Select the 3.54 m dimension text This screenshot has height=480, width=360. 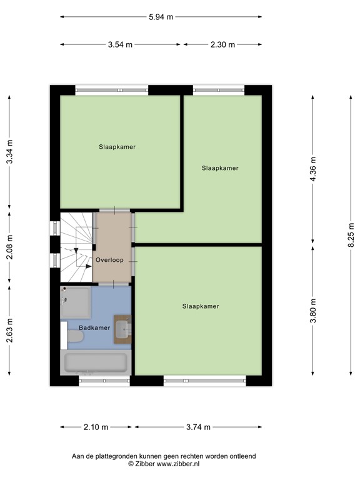[x=120, y=44]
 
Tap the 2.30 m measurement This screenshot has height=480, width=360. [x=222, y=44]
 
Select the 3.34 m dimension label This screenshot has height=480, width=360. [x=9, y=151]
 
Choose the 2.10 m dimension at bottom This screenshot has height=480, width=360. [x=96, y=427]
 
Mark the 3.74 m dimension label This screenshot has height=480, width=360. [x=197, y=427]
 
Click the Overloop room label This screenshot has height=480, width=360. [x=110, y=259]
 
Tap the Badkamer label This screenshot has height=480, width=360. [x=94, y=327]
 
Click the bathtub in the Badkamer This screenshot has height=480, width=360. [x=96, y=362]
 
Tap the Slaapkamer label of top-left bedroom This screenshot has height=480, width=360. [x=117, y=147]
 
